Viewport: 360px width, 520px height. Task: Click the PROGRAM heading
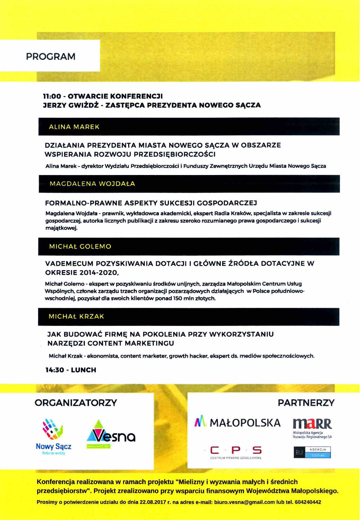pyautogui.click(x=51, y=57)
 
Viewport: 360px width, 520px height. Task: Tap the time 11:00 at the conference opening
pyautogui.click(x=52, y=96)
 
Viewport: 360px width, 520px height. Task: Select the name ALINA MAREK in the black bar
pyautogui.click(x=74, y=127)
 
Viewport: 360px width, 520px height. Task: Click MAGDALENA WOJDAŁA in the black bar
pyautogui.click(x=92, y=184)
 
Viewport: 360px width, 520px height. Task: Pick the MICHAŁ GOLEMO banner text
pyautogui.click(x=80, y=247)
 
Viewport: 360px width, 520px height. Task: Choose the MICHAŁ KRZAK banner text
pyautogui.click(x=76, y=317)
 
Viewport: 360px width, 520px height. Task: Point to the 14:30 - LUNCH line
pyautogui.click(x=71, y=370)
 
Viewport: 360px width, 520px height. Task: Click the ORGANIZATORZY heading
pyautogui.click(x=76, y=403)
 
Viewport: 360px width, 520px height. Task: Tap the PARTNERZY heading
pyautogui.click(x=306, y=403)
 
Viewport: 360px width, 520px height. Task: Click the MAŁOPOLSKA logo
pyautogui.click(x=238, y=422)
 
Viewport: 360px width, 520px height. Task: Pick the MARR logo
pyautogui.click(x=312, y=428)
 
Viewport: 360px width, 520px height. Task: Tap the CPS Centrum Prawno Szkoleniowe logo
pyautogui.click(x=236, y=452)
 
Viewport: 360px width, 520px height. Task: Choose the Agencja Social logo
pyautogui.click(x=312, y=452)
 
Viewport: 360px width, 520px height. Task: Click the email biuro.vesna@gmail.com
pyautogui.click(x=244, y=502)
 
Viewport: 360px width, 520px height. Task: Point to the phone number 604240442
pyautogui.click(x=308, y=502)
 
